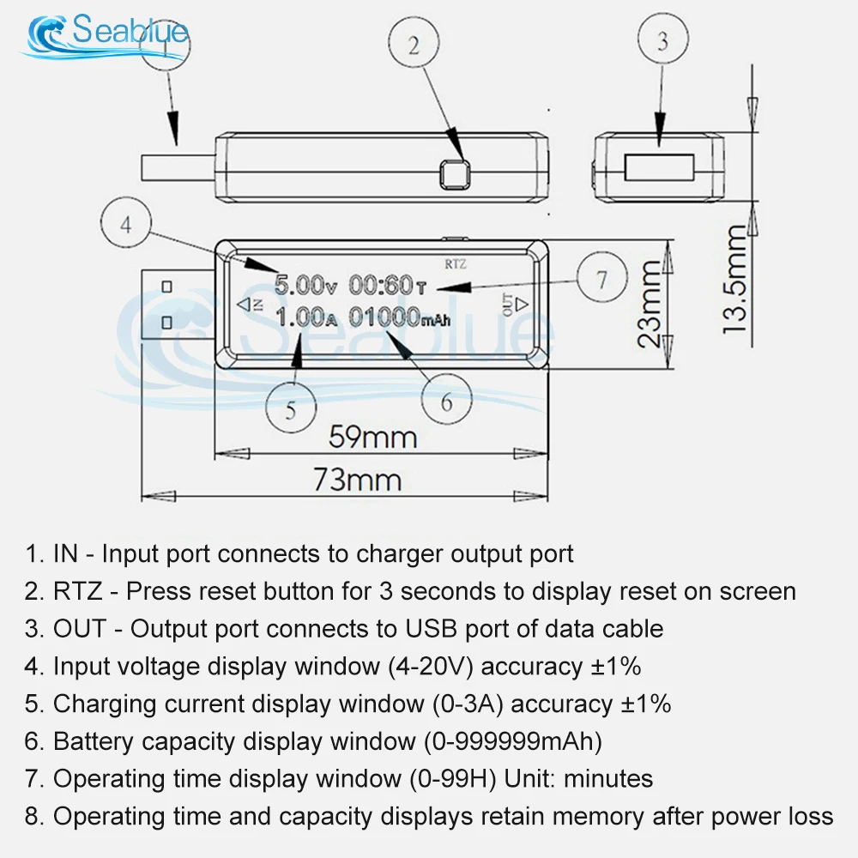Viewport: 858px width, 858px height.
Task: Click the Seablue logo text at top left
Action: tap(129, 33)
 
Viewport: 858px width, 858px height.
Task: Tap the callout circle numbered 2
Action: tap(414, 45)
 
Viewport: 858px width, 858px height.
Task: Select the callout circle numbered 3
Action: tap(662, 41)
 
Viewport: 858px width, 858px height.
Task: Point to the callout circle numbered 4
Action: tap(126, 226)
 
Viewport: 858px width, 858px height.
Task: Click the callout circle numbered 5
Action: tap(291, 410)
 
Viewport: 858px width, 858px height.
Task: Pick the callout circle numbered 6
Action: tap(446, 401)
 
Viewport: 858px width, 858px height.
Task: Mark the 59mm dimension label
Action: tap(374, 438)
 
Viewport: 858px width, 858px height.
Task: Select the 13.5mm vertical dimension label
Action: tap(734, 279)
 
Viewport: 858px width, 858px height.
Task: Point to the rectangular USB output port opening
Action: tap(658, 166)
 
